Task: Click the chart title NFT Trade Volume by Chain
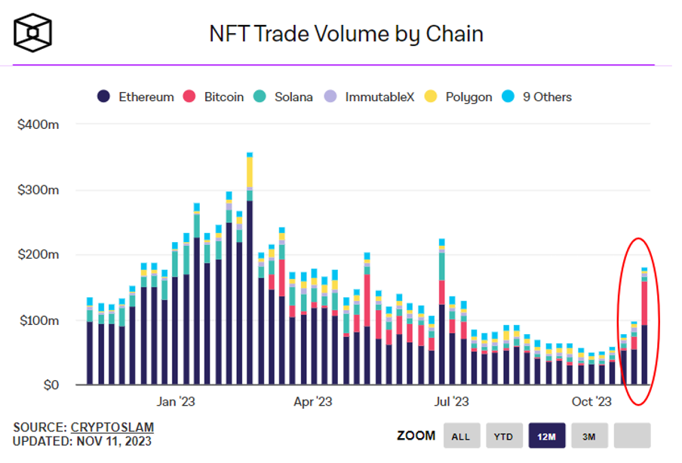(x=346, y=34)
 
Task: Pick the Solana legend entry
(x=284, y=97)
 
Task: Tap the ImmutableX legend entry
(x=370, y=97)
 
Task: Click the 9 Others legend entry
(x=539, y=97)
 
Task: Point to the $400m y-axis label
(x=38, y=124)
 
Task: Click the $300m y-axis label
(x=38, y=190)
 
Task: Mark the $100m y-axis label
(x=38, y=320)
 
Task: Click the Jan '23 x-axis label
(x=177, y=402)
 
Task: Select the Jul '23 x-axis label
(x=451, y=402)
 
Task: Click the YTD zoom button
(x=503, y=436)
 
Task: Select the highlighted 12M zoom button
(x=546, y=436)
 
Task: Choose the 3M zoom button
(x=589, y=436)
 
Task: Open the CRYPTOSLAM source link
(x=112, y=428)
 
